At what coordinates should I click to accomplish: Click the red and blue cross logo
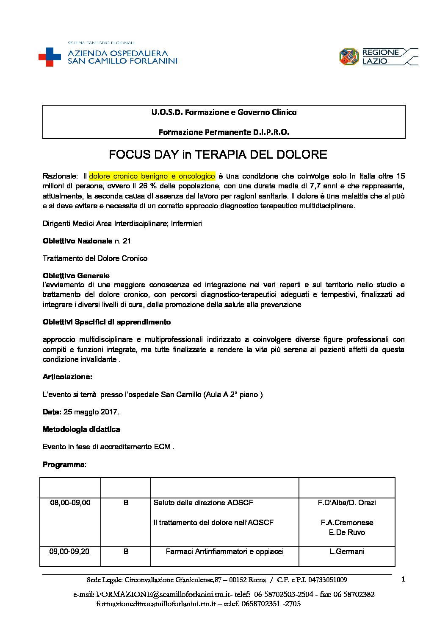50,57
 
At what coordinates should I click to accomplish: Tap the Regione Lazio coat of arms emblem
349,57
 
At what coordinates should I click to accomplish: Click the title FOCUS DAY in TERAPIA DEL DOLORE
218,154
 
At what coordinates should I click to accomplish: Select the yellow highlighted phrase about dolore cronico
152,176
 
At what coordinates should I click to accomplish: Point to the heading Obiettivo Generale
76,276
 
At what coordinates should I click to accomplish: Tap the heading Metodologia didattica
81,429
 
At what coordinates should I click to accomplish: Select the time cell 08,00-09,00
70,503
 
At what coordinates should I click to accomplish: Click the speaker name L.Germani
347,551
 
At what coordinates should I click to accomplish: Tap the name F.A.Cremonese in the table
347,523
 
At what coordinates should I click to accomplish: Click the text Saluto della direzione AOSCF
203,503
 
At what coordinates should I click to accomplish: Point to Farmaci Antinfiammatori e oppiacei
224,551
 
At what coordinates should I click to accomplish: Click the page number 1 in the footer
403,579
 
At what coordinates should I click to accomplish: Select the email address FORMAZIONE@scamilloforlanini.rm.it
163,594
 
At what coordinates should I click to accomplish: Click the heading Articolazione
67,377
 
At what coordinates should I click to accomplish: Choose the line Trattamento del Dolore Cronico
95,258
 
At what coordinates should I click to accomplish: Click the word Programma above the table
64,464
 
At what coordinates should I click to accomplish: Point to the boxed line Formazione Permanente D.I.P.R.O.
224,132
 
